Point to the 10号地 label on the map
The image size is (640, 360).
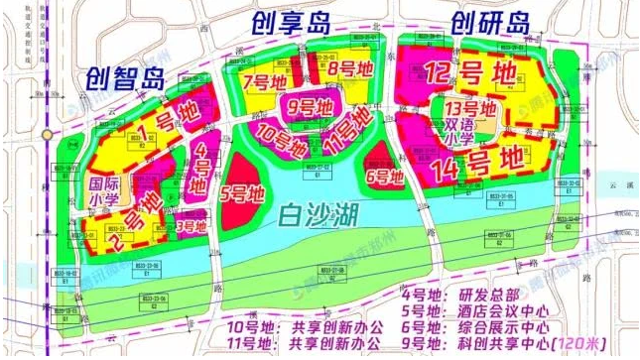(281, 133)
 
